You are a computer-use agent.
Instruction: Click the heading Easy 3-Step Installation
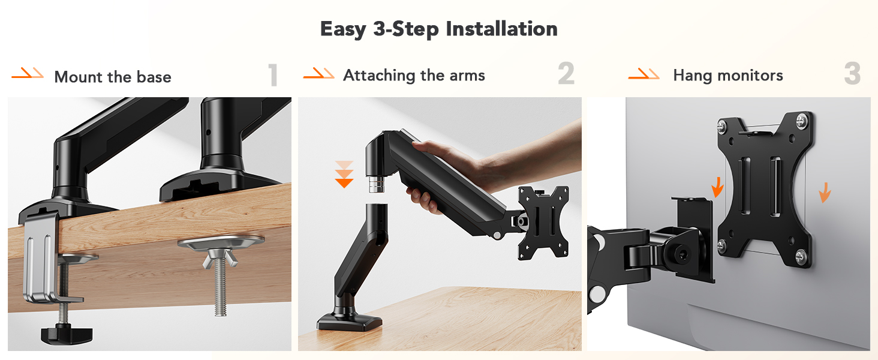[438, 29]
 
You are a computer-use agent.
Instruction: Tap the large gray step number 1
[273, 76]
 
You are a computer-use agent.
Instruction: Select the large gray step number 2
[566, 74]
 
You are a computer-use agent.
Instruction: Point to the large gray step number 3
[852, 74]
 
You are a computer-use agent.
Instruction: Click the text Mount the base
[113, 77]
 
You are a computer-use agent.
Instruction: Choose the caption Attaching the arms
[414, 75]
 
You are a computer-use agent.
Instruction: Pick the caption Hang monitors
[728, 75]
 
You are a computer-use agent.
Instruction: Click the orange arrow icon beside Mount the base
[28, 74]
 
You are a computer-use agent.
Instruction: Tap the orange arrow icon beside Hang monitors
[644, 74]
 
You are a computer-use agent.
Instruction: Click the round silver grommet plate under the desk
[221, 242]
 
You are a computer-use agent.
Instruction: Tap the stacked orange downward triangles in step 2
[344, 174]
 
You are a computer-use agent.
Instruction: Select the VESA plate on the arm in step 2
[543, 223]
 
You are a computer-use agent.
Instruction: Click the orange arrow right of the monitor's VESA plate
[825, 192]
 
